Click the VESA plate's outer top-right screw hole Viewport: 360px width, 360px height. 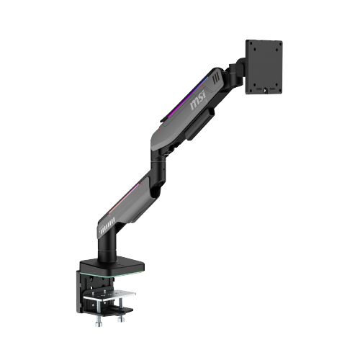pos(278,44)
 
